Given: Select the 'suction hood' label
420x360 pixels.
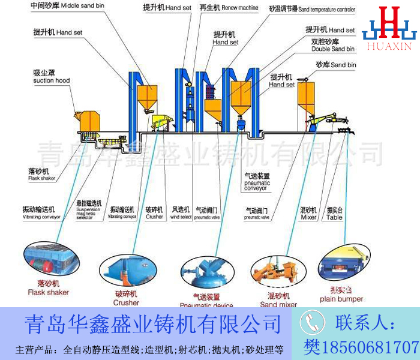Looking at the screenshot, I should click(x=51, y=80).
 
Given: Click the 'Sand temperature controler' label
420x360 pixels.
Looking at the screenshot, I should click(x=329, y=10).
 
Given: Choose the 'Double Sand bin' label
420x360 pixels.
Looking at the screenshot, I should click(x=333, y=49).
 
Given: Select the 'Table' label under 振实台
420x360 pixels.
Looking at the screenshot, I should click(x=334, y=218).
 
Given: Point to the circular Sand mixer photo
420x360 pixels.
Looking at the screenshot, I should click(x=275, y=271).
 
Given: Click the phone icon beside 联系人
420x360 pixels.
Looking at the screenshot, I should click(x=312, y=324).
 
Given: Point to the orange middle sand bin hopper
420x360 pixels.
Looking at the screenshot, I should click(x=147, y=96).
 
